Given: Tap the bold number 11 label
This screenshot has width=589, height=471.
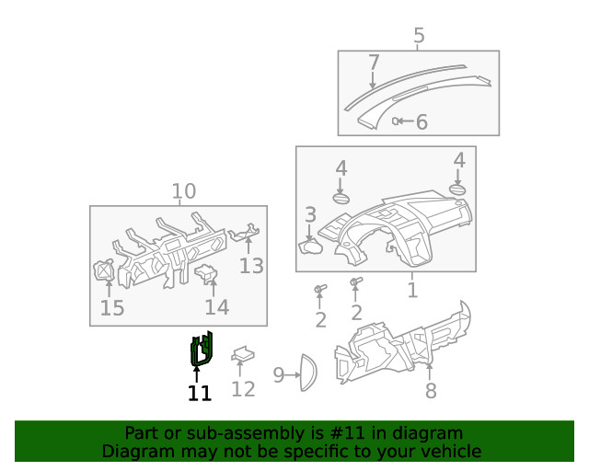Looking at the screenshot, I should click(x=200, y=394).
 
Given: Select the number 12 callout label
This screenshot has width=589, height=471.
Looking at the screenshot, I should click(x=243, y=389).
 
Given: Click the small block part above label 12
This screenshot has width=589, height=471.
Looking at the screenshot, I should click(x=243, y=353).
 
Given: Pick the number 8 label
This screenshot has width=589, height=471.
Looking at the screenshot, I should click(x=431, y=391).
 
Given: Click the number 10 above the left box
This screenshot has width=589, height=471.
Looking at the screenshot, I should click(x=184, y=191).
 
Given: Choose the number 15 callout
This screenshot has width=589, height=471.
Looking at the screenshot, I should click(x=112, y=308).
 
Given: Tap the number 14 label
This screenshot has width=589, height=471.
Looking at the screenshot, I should click(x=217, y=307).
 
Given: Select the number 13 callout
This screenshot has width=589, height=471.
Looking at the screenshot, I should click(x=251, y=266).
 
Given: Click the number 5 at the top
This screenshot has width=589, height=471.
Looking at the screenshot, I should click(x=419, y=36).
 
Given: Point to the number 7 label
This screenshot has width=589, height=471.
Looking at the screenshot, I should click(x=374, y=63).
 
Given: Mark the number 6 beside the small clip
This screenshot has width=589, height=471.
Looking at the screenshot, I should click(x=422, y=121).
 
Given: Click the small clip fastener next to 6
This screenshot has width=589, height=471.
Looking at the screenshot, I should click(x=397, y=121).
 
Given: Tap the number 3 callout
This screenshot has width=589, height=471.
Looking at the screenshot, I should click(x=311, y=215).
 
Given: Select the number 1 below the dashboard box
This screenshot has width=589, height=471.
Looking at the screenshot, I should click(x=412, y=291).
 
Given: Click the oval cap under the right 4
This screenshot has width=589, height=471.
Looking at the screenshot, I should click(x=458, y=190).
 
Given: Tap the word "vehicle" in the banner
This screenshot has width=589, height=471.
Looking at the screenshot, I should click(x=450, y=451).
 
